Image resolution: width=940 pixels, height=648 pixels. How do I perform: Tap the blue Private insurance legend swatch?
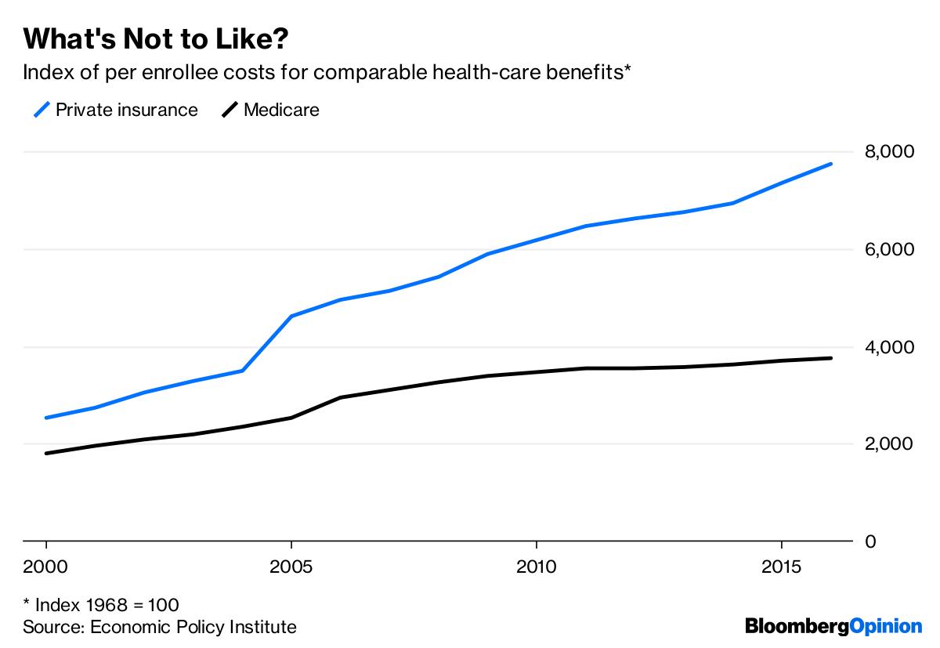tap(41, 110)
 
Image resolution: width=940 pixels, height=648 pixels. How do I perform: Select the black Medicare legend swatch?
tap(230, 110)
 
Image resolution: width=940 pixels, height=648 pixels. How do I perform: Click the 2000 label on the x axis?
tap(46, 565)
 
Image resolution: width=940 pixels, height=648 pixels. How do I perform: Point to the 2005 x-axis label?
tap(291, 565)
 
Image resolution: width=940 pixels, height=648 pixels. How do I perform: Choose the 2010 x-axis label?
tap(536, 565)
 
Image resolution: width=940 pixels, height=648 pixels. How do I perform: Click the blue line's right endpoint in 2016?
tap(830, 164)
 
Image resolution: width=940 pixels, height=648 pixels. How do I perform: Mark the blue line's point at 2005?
tap(291, 316)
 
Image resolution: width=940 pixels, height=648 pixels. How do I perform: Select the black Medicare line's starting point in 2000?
tap(46, 453)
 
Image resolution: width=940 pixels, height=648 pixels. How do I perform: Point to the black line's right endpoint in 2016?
tap(830, 358)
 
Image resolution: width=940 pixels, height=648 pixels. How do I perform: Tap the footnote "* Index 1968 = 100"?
tap(101, 606)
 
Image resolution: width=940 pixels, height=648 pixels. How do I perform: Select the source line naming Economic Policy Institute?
tap(160, 627)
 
